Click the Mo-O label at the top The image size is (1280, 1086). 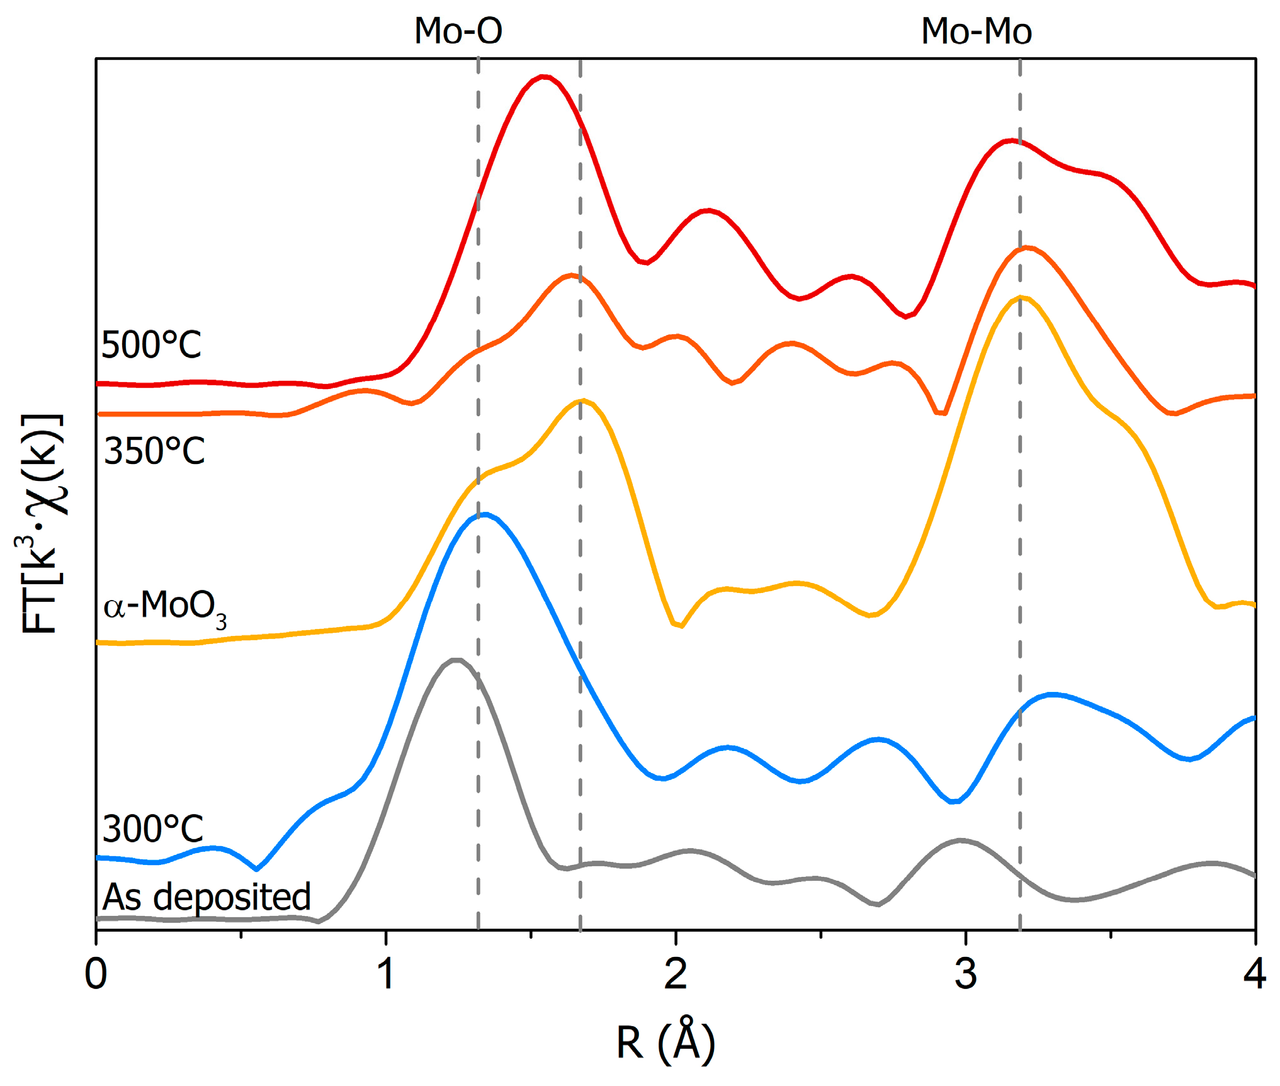pyautogui.click(x=458, y=31)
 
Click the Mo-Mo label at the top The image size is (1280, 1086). pyautogui.click(x=976, y=31)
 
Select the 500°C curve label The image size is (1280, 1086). pyautogui.click(x=151, y=345)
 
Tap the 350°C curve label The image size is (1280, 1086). pyautogui.click(x=154, y=451)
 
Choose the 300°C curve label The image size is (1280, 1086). pyautogui.click(x=152, y=829)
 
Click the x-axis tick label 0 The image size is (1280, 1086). pyautogui.click(x=96, y=973)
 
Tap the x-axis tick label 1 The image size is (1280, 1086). pyautogui.click(x=385, y=973)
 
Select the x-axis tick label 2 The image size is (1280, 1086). pyautogui.click(x=676, y=973)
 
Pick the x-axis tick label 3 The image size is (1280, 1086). pyautogui.click(x=965, y=973)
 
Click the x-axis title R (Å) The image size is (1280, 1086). pyautogui.click(x=665, y=1042)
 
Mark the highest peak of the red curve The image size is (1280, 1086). pyautogui.click(x=543, y=77)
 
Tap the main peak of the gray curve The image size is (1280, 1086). pyautogui.click(x=456, y=660)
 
